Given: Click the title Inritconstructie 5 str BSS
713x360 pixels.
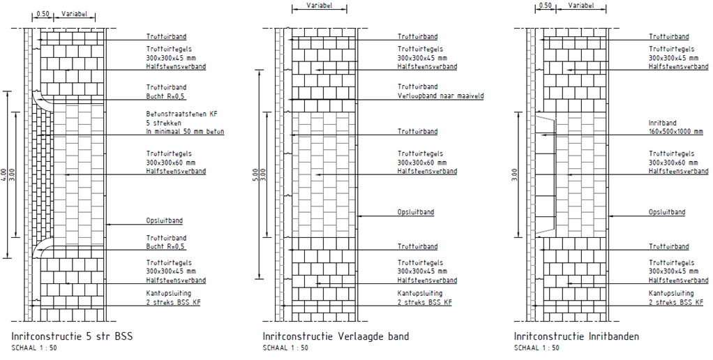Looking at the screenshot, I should point(72,336).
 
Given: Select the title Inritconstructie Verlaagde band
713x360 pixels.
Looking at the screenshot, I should point(336,336).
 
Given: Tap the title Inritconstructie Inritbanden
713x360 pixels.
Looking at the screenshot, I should point(577,336).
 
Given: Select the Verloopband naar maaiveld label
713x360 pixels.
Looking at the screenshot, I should point(440,96).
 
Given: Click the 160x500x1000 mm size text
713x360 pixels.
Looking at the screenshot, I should point(676,131).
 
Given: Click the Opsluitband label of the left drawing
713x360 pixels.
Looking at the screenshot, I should point(165,221).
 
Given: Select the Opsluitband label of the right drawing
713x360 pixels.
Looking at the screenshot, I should point(667,212).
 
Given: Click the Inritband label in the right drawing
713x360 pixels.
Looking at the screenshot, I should point(662,123).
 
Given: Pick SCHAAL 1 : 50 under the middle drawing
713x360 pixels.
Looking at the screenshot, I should point(285,347).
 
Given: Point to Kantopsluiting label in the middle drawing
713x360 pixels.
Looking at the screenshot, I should point(420,294).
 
